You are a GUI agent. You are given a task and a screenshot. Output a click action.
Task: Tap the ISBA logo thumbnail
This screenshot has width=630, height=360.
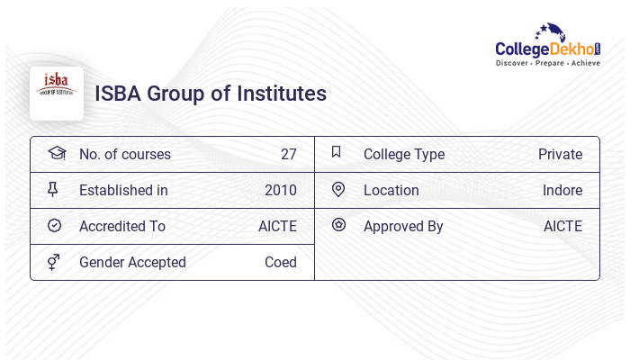coord(56,93)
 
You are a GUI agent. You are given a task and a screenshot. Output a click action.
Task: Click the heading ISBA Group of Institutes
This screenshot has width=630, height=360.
coord(211,94)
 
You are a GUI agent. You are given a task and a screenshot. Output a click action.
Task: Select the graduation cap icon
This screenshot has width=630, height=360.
coord(56,153)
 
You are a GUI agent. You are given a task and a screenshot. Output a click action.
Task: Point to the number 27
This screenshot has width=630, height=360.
coord(288,154)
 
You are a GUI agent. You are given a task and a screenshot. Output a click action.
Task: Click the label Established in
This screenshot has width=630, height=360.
coord(123,190)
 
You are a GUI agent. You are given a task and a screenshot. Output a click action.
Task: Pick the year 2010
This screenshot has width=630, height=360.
coord(281,190)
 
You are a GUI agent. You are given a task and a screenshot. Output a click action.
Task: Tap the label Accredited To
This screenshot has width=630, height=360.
coord(122,226)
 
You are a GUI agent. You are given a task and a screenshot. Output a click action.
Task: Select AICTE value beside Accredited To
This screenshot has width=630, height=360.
coord(277,226)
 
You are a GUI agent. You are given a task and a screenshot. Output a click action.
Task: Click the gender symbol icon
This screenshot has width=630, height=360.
coord(55,262)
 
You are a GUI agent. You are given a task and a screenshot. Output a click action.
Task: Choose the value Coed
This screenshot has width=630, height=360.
coord(281,262)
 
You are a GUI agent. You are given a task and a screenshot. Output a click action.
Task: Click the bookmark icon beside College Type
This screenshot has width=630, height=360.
coord(336,152)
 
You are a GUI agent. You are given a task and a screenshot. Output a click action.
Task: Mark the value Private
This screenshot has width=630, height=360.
coord(560,154)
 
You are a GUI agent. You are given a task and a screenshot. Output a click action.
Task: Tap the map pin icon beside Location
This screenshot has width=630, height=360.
coord(338,189)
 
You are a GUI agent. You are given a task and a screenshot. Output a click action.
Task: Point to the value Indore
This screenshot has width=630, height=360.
coord(562,190)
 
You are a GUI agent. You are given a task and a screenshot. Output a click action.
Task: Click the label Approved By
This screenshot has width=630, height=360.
coord(403,226)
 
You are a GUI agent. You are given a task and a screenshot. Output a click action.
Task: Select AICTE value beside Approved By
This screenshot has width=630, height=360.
coord(562,226)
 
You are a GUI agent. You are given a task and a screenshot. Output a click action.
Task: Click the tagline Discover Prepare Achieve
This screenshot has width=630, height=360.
coord(547,64)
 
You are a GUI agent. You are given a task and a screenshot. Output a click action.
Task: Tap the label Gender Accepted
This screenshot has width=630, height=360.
coord(132,262)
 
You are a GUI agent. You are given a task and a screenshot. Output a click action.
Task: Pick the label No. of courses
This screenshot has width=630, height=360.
coord(125,154)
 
